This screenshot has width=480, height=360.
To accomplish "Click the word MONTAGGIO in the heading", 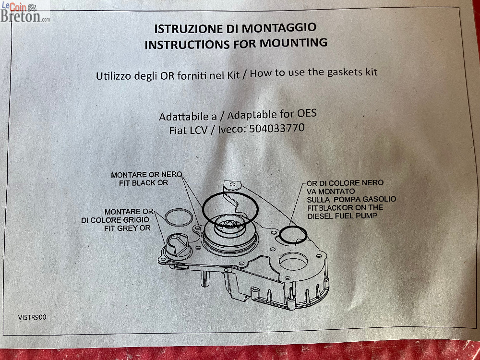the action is (x=279, y=27).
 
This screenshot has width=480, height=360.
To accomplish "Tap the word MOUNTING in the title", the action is (x=294, y=43).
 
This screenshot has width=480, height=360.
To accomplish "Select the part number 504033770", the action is (x=277, y=128).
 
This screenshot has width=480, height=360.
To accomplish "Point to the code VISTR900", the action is (x=32, y=317).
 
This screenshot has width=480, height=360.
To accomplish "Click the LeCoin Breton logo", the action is (x=25, y=12).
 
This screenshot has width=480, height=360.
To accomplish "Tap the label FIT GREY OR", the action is (x=127, y=228).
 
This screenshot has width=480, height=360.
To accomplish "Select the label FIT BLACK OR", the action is (x=144, y=183).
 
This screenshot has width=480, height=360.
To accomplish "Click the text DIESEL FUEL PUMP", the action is (x=342, y=216).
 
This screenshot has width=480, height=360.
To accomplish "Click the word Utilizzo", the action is (x=109, y=76).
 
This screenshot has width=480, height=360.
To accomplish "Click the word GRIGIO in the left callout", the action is (x=136, y=220).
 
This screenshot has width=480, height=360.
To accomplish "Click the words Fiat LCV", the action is (x=188, y=130).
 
